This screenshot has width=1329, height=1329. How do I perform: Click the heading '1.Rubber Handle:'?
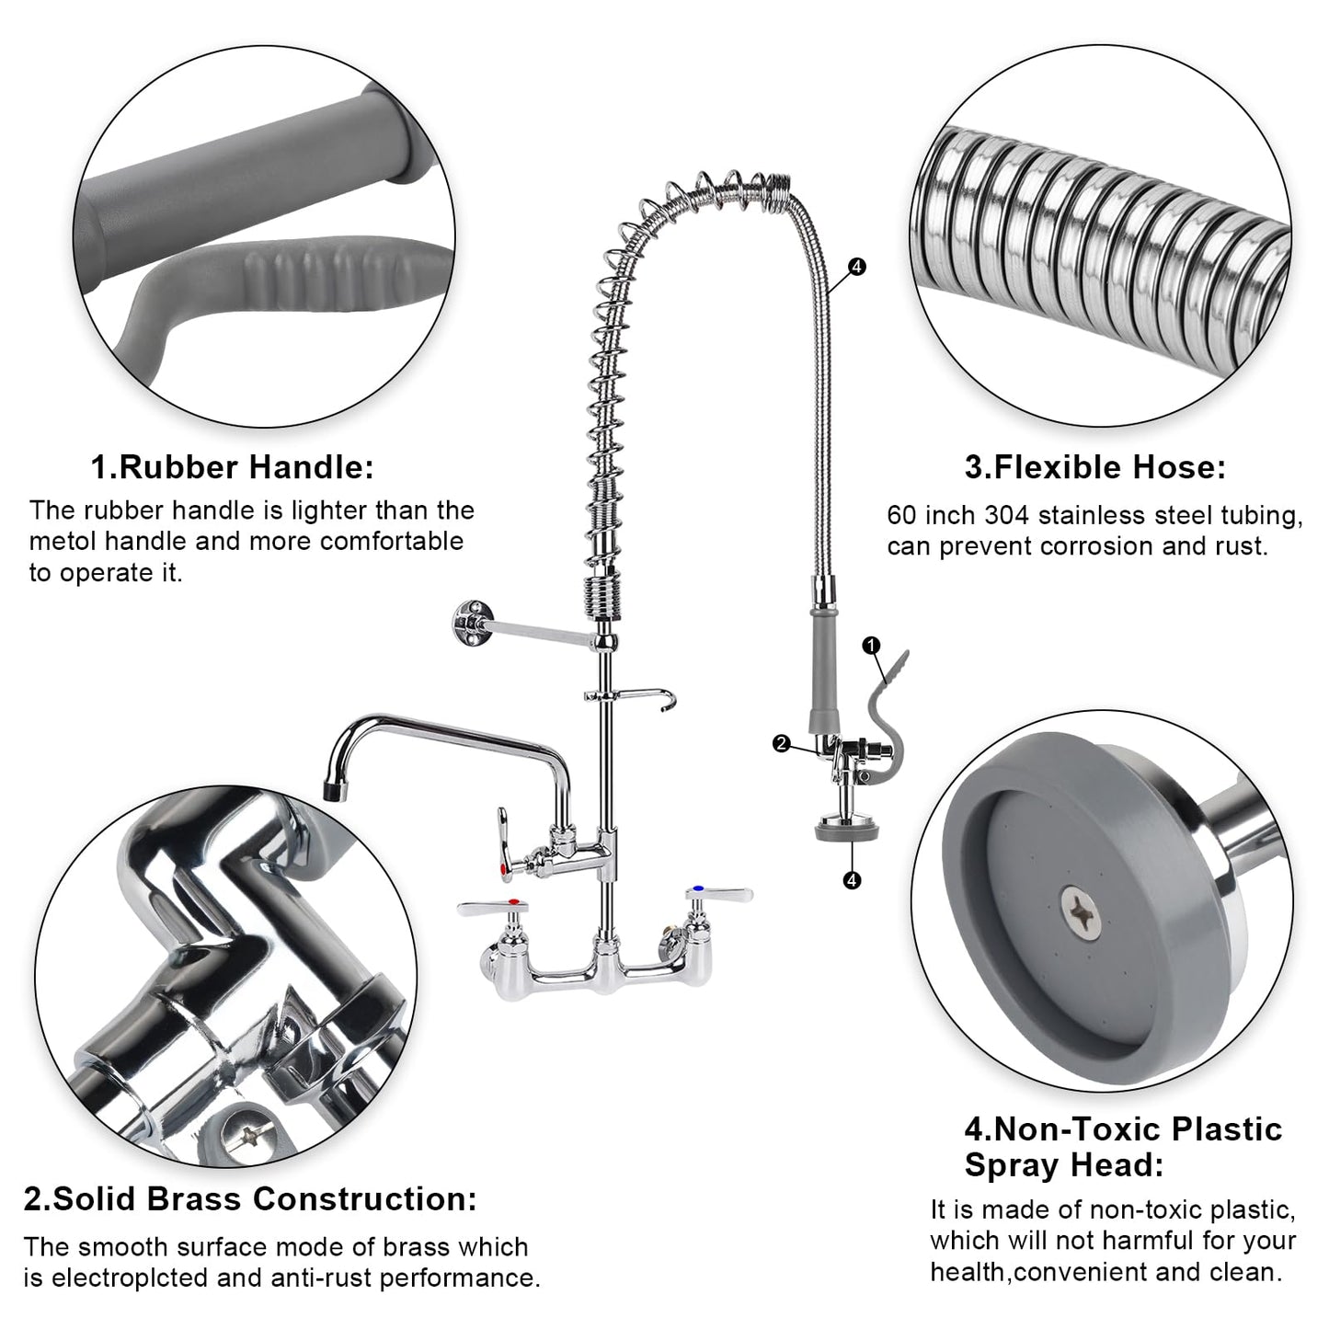click(x=232, y=467)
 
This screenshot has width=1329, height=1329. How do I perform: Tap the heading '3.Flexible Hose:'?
click(x=1094, y=467)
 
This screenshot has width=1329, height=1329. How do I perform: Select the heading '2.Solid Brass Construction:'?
click(x=250, y=1198)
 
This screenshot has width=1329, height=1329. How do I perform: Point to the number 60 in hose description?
click(x=902, y=515)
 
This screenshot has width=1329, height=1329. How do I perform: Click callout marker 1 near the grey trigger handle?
click(x=872, y=646)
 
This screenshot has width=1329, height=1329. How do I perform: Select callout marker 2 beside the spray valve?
click(x=782, y=744)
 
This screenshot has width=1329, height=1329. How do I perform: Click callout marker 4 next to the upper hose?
click(x=857, y=267)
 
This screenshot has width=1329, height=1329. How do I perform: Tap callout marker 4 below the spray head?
click(x=852, y=880)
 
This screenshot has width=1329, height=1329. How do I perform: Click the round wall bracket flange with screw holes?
click(x=470, y=623)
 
